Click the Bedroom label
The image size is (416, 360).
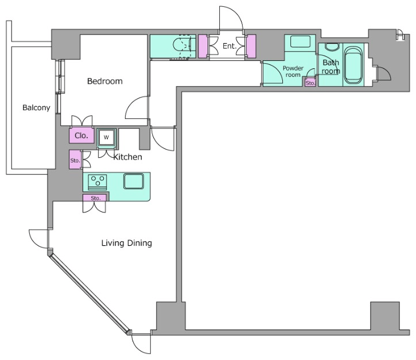coord(105,81)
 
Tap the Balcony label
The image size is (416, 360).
coord(36,107)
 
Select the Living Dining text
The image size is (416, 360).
coord(127,243)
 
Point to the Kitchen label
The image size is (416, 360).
coord(127,157)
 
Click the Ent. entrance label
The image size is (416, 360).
coord(230,46)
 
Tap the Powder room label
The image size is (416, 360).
coord(293,71)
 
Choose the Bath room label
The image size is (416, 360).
coord(331,67)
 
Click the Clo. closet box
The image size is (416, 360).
coord(81,136)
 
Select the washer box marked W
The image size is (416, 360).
coord(106,137)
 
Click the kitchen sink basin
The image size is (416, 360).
coord(134,181)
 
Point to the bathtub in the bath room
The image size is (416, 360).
coord(353,65)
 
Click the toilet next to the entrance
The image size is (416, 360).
coord(182,46)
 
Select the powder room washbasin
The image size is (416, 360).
coord(300,42)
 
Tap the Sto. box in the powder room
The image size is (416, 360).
coord(310,83)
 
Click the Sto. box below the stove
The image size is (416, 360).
coord(95,198)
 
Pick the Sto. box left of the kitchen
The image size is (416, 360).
coord(75,160)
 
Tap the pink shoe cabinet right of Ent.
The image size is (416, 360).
coord(251,46)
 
